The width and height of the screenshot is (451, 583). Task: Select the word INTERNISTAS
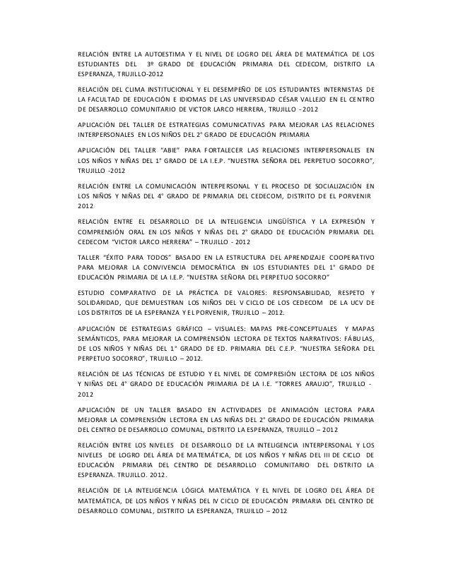coord(339,90)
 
